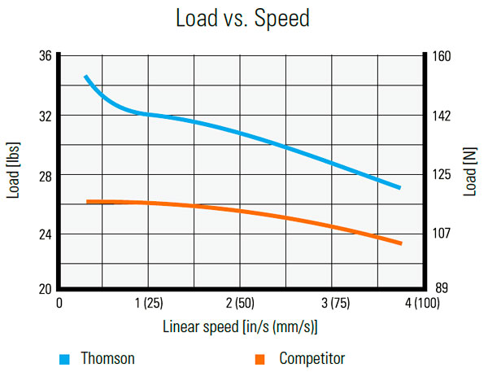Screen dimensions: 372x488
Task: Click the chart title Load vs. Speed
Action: tap(242, 19)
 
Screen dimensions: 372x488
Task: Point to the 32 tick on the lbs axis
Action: tap(45, 116)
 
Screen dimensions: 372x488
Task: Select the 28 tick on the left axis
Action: tap(45, 175)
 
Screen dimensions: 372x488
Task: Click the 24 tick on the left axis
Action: tap(45, 234)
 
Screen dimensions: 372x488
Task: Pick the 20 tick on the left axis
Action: tap(45, 288)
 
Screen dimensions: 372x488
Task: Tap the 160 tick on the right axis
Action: tap(442, 56)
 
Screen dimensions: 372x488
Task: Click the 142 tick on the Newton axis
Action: tap(442, 116)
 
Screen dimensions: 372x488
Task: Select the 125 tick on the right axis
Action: tap(442, 175)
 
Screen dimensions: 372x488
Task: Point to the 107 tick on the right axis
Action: tap(442, 234)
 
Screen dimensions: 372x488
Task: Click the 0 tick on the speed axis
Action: tap(59, 304)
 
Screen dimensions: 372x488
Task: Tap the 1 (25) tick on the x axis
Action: tap(147, 304)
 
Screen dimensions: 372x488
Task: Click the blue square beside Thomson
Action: tap(63, 358)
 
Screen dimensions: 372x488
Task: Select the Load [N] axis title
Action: tap(471, 172)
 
